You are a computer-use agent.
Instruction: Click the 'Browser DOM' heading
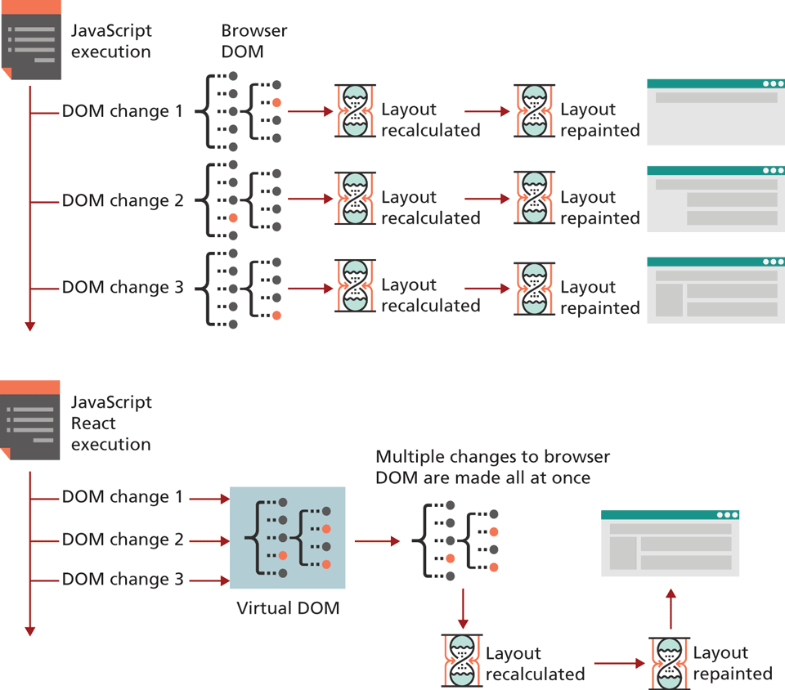click(254, 41)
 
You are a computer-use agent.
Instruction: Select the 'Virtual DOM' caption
click(288, 608)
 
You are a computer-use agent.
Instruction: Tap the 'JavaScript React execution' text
click(111, 423)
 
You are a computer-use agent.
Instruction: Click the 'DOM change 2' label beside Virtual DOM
click(123, 540)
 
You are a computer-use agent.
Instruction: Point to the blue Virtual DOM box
click(288, 537)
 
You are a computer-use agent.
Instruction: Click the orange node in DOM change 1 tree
click(277, 103)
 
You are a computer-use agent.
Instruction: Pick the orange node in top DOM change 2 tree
click(233, 217)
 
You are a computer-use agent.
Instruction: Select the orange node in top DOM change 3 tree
click(277, 315)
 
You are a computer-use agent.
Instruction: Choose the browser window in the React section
click(670, 543)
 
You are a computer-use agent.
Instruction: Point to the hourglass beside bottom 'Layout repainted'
click(669, 662)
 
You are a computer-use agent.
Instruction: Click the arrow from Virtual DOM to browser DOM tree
click(376, 540)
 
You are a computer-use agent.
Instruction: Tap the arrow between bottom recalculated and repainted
click(619, 663)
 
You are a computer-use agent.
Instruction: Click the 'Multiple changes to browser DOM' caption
click(493, 467)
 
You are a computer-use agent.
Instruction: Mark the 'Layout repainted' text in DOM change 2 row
click(599, 208)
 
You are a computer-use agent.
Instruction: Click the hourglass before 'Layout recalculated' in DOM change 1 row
click(356, 111)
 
